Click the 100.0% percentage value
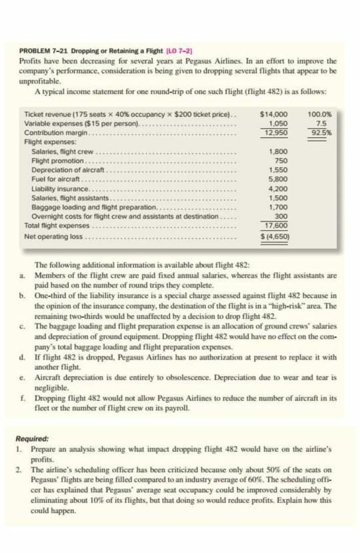pyautogui.click(x=321, y=115)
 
